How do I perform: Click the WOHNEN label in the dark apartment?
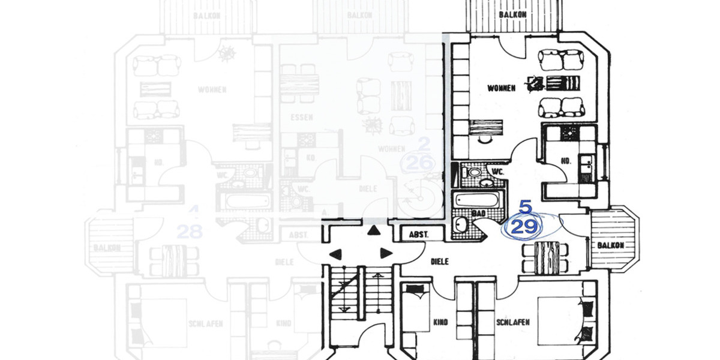pos(502,88)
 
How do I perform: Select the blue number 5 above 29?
pos(525,208)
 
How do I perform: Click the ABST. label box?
pos(418,235)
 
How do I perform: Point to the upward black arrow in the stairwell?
pos(374,230)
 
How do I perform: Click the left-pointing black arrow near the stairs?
pos(334,253)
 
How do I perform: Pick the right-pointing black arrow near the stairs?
pos(386,253)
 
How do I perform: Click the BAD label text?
pos(478,213)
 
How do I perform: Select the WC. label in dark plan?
pos(497,172)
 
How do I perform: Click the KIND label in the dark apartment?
pos(440,323)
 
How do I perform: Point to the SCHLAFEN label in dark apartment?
pos(513,323)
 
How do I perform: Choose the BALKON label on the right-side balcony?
pos(610,245)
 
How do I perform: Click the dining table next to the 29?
pos(547,256)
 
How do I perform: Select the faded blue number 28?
pos(190,232)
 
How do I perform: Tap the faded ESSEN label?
pos(300,117)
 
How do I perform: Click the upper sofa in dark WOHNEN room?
pos(562,60)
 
